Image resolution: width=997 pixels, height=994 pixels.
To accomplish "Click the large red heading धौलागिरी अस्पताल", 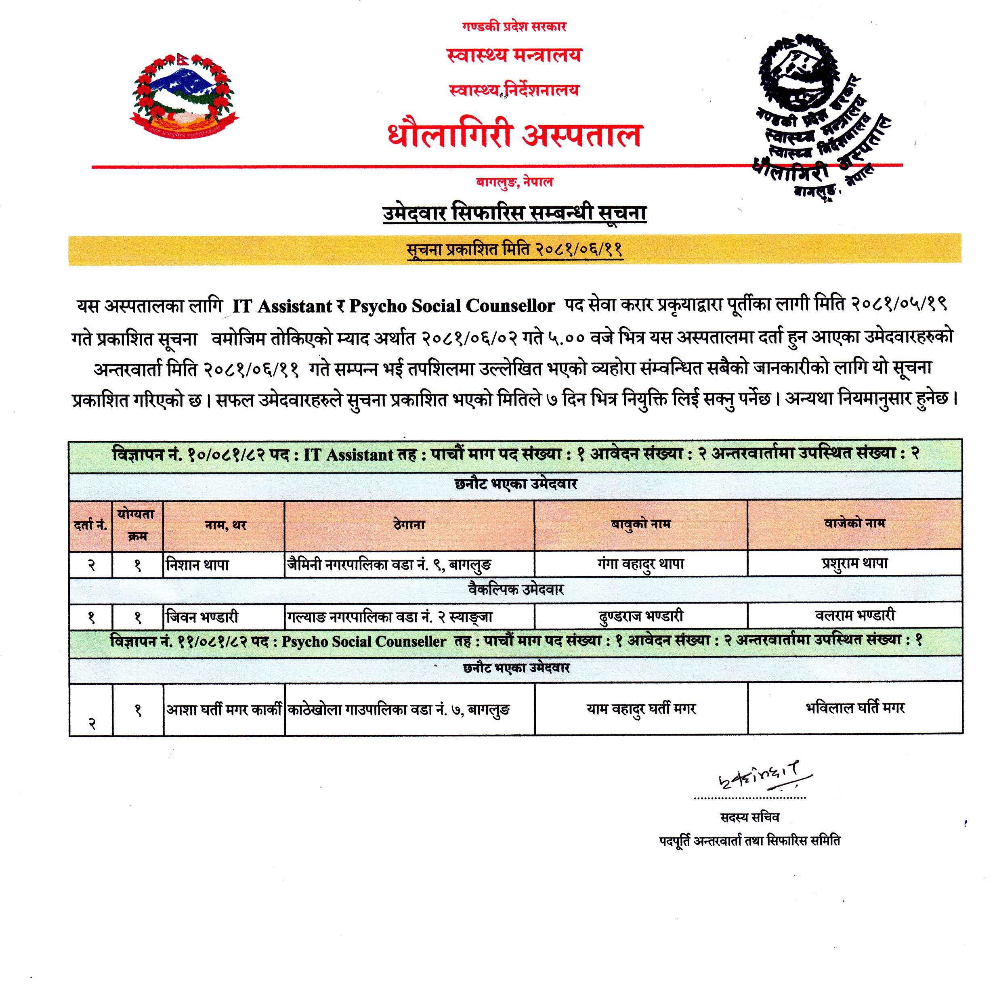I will (514, 135).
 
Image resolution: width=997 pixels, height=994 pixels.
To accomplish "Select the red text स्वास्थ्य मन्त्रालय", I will (514, 55).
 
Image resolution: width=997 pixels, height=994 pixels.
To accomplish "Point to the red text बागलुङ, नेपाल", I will (514, 182).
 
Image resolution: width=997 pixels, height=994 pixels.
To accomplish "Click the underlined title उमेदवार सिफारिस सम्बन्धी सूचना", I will (514, 213).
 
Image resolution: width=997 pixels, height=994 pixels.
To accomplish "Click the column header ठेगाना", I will (409, 524).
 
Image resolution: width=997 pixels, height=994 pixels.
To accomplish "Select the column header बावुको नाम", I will (640, 524).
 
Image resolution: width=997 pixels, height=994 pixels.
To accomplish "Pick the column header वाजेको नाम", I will (854, 523).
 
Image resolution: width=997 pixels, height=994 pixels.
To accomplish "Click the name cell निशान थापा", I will (197, 565).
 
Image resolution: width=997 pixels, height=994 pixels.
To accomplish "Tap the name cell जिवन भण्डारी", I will (202, 617).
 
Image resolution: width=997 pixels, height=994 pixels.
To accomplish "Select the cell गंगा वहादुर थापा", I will (640, 564).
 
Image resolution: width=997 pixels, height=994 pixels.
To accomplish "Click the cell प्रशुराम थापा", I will (854, 563).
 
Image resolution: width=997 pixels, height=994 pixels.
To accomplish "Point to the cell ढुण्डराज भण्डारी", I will (640, 616).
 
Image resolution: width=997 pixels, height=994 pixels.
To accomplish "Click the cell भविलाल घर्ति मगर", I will (854, 708).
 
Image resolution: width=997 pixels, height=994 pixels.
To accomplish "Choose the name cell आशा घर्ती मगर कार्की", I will (223, 710).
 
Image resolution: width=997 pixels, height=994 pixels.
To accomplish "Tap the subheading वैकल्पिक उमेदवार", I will (516, 589).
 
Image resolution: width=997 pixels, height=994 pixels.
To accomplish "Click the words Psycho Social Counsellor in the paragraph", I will (451, 306).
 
